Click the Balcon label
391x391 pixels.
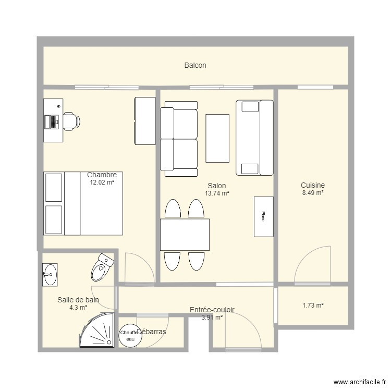click(x=195, y=66)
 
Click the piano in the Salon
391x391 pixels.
click(x=263, y=216)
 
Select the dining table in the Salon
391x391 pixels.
click(x=185, y=235)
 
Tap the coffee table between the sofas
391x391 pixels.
click(x=217, y=138)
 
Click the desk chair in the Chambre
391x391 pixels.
click(x=71, y=121)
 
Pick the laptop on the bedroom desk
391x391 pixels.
click(x=52, y=121)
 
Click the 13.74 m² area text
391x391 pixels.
click(x=217, y=193)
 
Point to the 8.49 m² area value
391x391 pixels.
click(x=313, y=192)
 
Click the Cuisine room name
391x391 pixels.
click(x=313, y=185)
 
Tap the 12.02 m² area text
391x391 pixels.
click(x=102, y=182)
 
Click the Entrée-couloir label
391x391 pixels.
click(x=212, y=310)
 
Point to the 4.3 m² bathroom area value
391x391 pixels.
click(x=78, y=308)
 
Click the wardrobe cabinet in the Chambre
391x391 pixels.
click(x=145, y=120)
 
